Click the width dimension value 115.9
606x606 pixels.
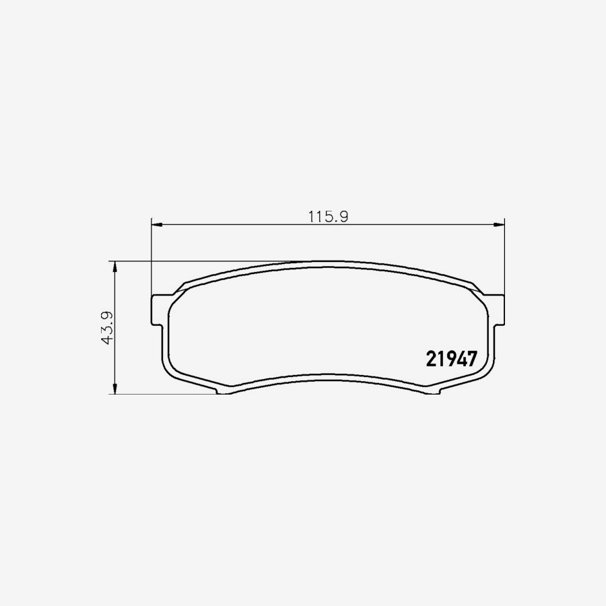[x=327, y=217]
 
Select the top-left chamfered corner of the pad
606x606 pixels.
[x=180, y=288]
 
